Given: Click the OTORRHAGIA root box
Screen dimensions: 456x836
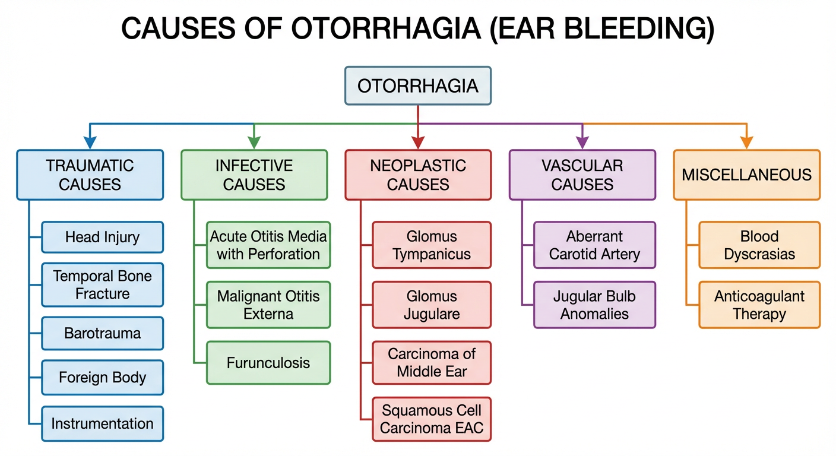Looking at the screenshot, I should (418, 86).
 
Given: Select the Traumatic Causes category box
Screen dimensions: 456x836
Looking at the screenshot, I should (90, 175).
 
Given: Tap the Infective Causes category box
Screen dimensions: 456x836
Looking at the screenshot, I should (254, 175).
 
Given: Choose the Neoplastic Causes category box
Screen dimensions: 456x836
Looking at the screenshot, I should (418, 175).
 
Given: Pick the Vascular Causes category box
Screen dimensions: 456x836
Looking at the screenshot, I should (582, 175).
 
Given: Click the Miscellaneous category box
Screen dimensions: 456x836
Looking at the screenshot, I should (746, 175).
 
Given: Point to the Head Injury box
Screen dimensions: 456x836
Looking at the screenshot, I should (102, 237).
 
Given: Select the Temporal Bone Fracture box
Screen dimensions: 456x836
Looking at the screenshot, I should (102, 285).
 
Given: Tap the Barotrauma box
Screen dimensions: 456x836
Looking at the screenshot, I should (102, 333).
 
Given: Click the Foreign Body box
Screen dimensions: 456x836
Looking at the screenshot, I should (102, 378).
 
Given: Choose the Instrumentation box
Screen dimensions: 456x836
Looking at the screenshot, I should (102, 424).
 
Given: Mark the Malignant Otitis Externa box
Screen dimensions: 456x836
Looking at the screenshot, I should (268, 305).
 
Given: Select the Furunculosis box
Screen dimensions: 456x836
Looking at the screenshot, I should (268, 362).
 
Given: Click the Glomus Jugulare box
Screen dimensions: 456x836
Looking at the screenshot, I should (432, 305).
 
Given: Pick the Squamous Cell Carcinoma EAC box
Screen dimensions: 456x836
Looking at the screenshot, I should (432, 419).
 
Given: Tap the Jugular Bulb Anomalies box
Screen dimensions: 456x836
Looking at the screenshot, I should (595, 305).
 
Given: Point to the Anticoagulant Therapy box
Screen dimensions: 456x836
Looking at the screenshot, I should (759, 305).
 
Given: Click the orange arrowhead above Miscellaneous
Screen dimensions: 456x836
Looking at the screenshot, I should (746, 142).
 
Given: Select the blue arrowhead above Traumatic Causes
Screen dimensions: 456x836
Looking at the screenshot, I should (90, 142).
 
